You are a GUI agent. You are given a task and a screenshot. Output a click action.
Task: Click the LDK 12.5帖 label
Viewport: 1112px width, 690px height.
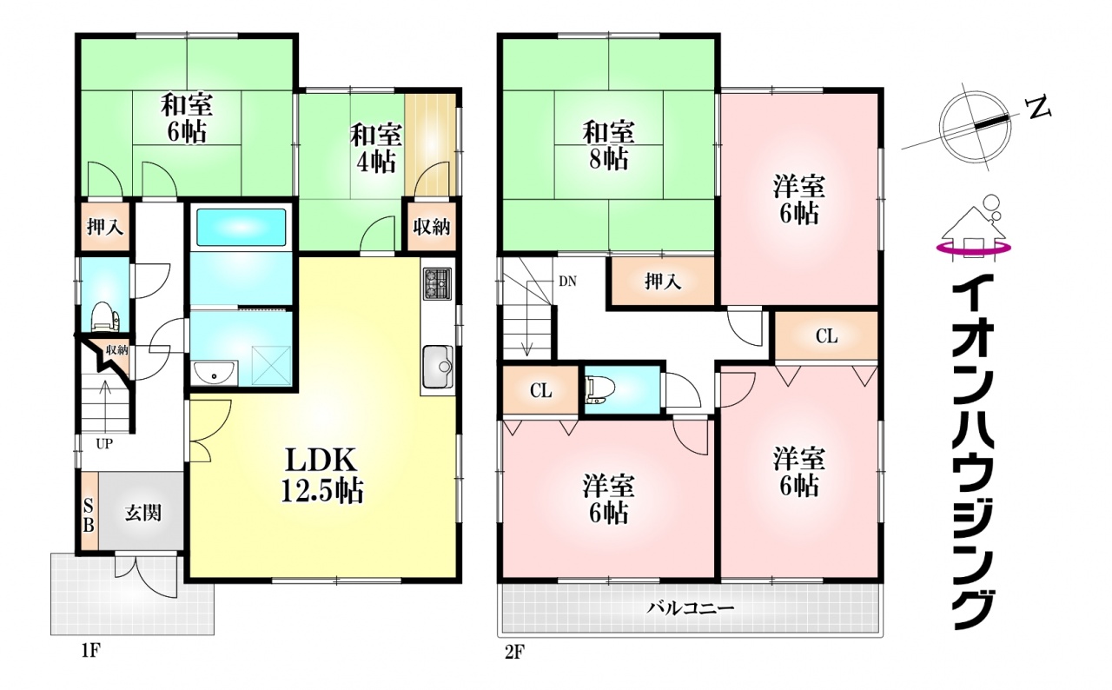[322, 475]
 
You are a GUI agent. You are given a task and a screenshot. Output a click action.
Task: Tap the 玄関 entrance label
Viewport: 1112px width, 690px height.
[143, 513]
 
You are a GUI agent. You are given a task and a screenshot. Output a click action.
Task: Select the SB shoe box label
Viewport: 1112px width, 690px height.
[89, 516]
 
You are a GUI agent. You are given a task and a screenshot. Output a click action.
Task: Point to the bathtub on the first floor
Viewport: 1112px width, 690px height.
[242, 227]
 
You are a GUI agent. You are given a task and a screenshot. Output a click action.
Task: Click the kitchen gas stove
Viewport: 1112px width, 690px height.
[437, 283]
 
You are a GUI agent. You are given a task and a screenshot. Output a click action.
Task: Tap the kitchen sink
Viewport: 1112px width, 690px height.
[437, 367]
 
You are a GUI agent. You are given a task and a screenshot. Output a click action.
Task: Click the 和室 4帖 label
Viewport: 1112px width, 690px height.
[376, 148]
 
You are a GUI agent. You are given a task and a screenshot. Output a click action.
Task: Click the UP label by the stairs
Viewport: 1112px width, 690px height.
[104, 443]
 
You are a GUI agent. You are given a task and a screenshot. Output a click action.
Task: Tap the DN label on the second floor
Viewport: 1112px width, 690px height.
[567, 282]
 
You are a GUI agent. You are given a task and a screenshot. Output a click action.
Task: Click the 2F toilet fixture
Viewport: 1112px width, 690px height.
[599, 390]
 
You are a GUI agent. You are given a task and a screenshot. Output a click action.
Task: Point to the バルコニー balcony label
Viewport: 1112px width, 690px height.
[690, 608]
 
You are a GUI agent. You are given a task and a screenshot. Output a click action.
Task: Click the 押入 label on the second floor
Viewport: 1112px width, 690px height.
[663, 282]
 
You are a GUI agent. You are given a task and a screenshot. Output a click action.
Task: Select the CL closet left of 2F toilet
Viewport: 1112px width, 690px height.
[540, 391]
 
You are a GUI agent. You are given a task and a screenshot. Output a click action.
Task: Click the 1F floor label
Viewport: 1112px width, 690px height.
[91, 651]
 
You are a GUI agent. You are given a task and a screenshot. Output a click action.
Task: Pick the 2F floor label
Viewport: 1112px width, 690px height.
[514, 652]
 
